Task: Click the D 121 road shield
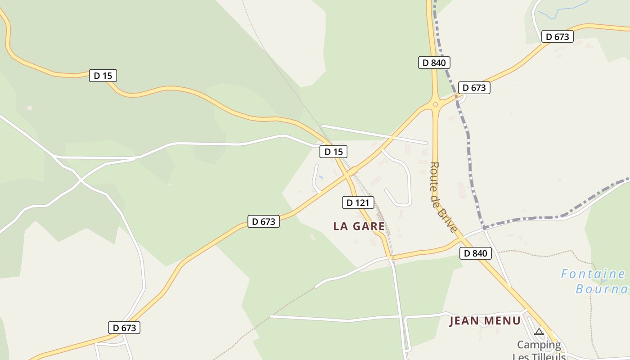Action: point(358,203)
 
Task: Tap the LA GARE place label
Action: point(359,226)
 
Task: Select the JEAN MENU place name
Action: point(485,321)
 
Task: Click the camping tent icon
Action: point(539,333)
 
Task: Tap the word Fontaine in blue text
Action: point(593,274)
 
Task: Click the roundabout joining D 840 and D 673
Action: point(435,104)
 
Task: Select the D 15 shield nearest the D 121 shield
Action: point(333,152)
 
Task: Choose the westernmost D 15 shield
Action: point(103,76)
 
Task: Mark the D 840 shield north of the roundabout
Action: point(434,63)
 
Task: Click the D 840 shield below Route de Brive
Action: point(476,253)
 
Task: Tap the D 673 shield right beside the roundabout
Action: point(474,88)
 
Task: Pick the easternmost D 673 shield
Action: point(558,37)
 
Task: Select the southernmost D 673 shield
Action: point(124,328)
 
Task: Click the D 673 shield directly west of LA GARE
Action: point(264,221)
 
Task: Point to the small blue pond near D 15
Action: point(321,177)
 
